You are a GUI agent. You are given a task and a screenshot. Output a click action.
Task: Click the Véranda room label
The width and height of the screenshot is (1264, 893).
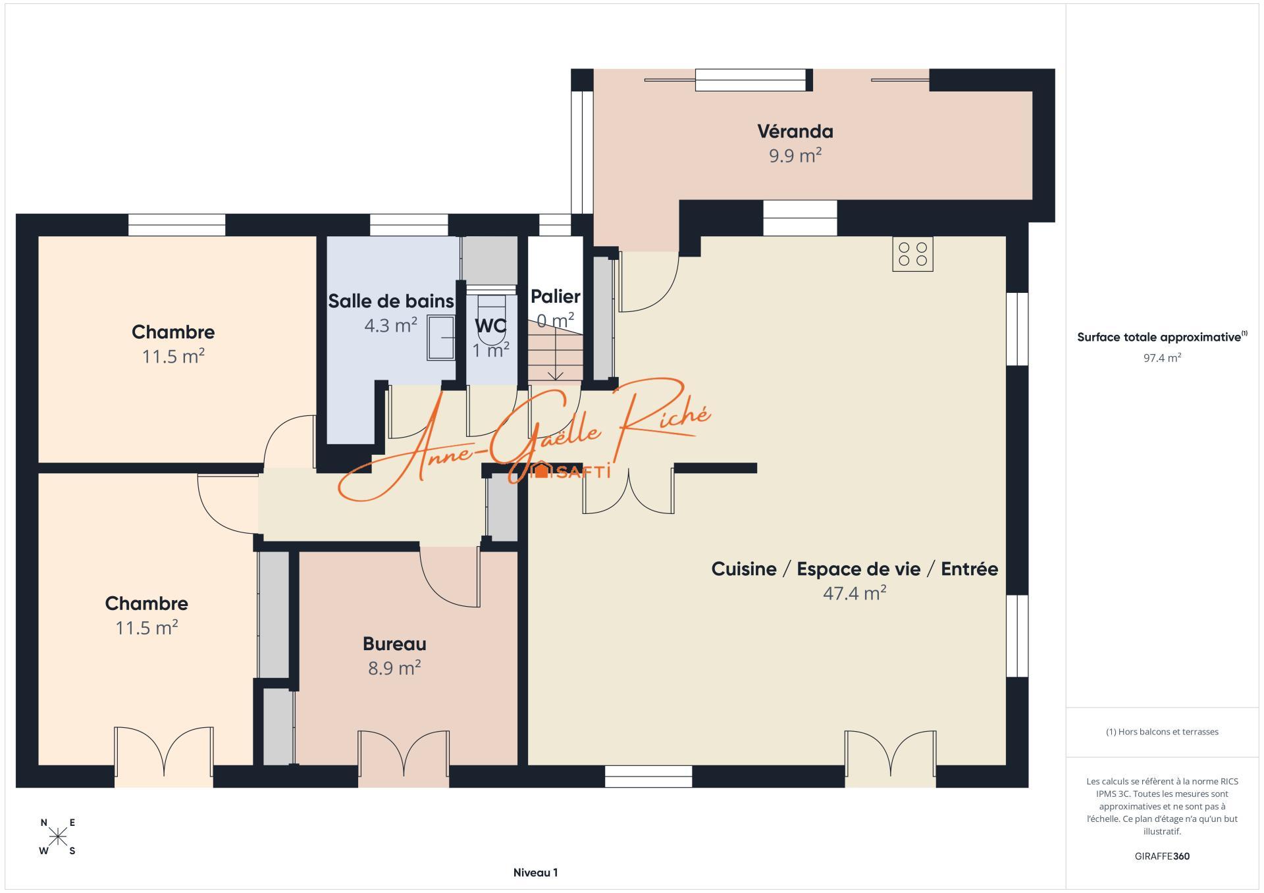[x=795, y=132]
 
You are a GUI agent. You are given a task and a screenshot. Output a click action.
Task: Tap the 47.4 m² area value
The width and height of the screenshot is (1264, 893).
[x=855, y=593]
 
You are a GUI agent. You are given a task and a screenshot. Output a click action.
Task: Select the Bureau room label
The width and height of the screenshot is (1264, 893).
[x=394, y=644]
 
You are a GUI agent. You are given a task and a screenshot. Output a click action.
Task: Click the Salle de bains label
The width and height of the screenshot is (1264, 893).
[x=391, y=301]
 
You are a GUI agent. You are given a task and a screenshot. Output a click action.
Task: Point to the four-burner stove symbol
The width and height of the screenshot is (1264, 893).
[x=912, y=254]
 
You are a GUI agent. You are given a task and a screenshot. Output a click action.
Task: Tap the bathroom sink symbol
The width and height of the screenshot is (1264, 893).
[x=441, y=338]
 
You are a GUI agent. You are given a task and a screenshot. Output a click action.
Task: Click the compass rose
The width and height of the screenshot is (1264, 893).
[x=58, y=836]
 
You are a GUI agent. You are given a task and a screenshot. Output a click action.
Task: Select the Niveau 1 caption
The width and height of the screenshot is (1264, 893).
[x=535, y=873]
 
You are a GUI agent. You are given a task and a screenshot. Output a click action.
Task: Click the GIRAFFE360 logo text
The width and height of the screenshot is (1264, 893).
[x=1162, y=856]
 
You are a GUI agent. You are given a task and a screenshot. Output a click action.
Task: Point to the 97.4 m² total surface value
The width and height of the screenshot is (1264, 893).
[x=1162, y=358]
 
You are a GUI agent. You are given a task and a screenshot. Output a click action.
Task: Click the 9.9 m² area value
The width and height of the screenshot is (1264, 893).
[x=795, y=156]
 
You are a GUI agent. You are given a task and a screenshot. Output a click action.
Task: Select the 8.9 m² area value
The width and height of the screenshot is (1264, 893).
[x=394, y=668]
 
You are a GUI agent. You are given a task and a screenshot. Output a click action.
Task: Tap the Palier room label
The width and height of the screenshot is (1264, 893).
[x=556, y=296]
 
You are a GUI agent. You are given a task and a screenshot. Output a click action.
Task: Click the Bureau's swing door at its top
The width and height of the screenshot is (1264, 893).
[x=450, y=576]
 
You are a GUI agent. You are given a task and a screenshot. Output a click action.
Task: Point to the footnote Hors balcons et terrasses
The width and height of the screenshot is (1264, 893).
[x=1162, y=732]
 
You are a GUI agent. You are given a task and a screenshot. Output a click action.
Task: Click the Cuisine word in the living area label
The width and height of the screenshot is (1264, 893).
[x=744, y=569]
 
